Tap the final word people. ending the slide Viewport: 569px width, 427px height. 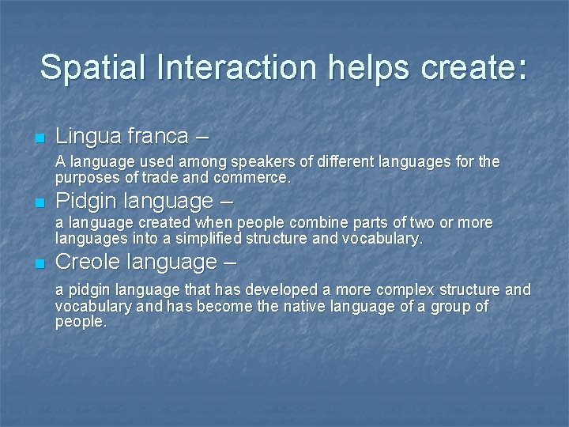click(80, 322)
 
